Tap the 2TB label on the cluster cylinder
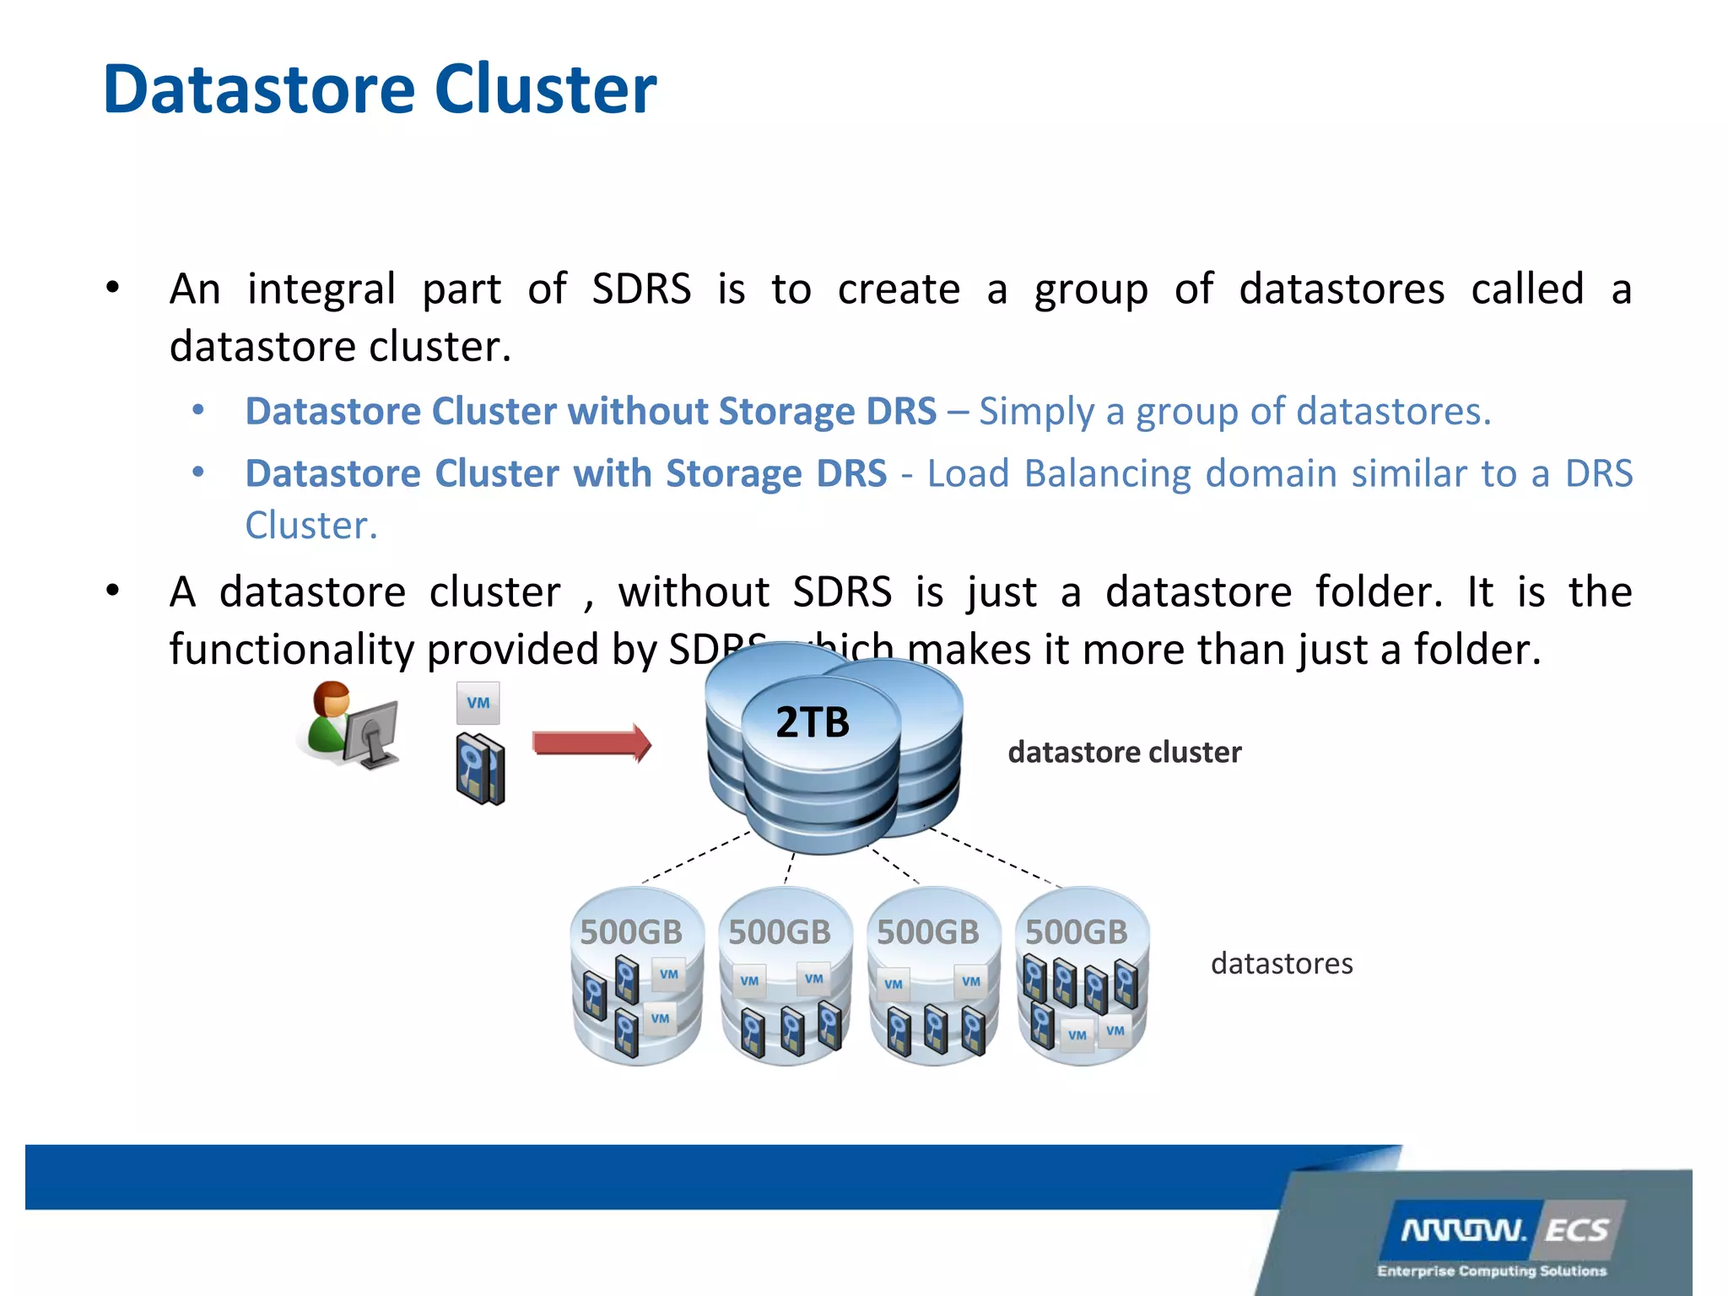[x=812, y=722]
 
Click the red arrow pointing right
[x=591, y=742]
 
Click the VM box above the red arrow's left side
[x=478, y=703]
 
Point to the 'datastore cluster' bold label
[x=1124, y=752]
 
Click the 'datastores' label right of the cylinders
[x=1281, y=963]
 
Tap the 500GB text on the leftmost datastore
[x=631, y=932]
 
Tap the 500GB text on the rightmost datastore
[x=1076, y=932]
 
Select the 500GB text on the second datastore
[x=780, y=932]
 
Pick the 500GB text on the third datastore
[x=927, y=932]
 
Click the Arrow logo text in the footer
[x=1464, y=1230]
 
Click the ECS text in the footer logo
[x=1576, y=1230]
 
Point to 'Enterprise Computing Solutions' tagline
[x=1492, y=1271]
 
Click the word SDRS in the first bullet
[x=641, y=289]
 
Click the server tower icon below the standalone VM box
[x=479, y=769]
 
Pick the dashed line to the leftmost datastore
[x=696, y=857]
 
